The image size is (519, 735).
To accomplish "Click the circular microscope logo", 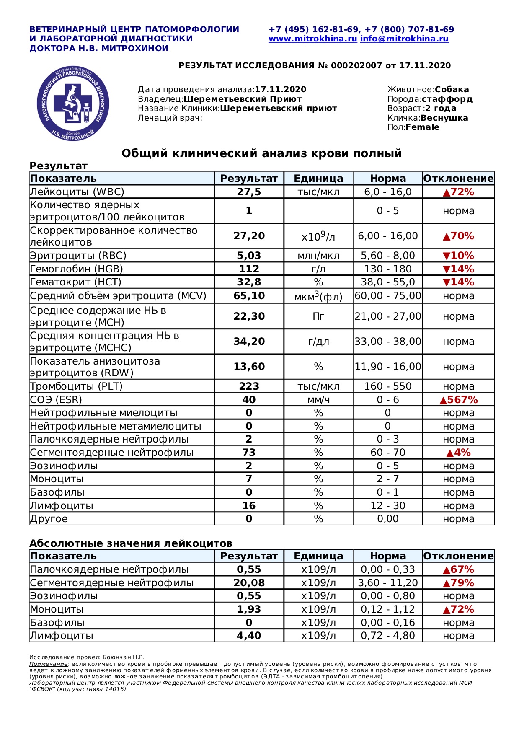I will [73, 104].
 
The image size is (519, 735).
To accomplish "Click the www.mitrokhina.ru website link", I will [312, 39].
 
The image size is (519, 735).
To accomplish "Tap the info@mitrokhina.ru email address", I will [404, 39].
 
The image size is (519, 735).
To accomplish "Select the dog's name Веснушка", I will [444, 118].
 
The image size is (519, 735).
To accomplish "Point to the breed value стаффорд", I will [447, 99].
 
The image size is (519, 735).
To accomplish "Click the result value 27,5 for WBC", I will [249, 192].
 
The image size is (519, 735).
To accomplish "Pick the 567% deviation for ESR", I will [459, 400].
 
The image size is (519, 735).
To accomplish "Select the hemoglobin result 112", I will [249, 269].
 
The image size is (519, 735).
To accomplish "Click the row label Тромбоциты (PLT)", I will [76, 386].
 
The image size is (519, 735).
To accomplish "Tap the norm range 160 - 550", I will [388, 386].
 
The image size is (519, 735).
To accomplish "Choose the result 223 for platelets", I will [249, 386].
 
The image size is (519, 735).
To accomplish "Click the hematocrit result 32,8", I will [249, 282].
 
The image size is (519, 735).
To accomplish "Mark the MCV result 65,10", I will [249, 296].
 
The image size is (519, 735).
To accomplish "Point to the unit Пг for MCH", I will [318, 316].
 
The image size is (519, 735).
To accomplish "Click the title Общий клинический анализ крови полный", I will [261, 153].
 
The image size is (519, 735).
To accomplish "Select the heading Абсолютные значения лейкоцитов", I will [131, 543].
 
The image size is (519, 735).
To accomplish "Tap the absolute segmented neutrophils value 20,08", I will [249, 583].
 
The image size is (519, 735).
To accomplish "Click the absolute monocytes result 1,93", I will [249, 609].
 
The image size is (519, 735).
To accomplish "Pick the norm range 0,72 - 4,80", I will [388, 636].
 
